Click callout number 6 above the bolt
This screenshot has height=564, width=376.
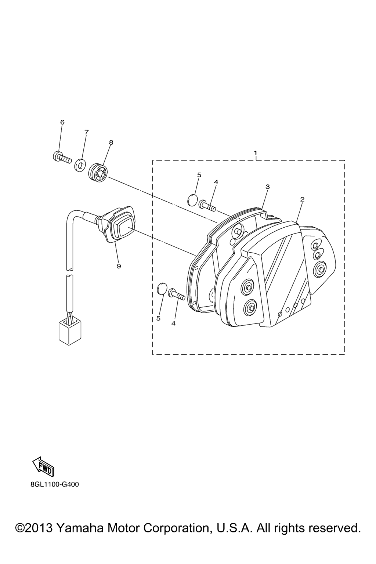(x=62, y=122)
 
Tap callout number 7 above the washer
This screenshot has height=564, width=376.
(x=86, y=132)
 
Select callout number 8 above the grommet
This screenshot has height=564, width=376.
(x=111, y=142)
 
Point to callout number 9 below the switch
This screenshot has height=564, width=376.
(x=119, y=266)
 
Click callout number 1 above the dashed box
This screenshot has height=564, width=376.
(x=256, y=153)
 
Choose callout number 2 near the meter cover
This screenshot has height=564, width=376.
(x=303, y=199)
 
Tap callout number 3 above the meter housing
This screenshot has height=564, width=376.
(x=267, y=187)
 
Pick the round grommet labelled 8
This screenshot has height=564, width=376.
(x=98, y=173)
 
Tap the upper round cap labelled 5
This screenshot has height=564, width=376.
(x=192, y=198)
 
